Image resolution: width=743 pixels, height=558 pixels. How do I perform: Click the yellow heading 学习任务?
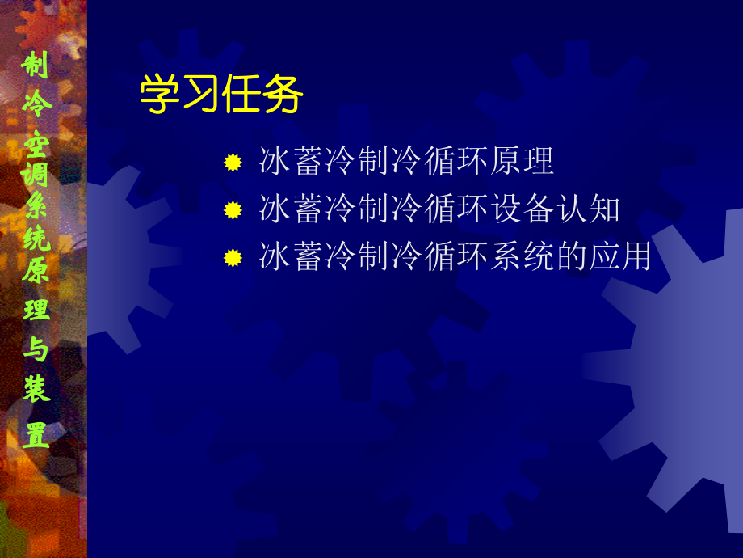(x=221, y=95)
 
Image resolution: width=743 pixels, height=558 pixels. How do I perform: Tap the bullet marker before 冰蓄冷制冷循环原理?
(x=233, y=163)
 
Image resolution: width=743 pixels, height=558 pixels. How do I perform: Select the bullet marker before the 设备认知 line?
(x=233, y=210)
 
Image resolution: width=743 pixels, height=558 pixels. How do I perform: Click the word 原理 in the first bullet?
(x=523, y=161)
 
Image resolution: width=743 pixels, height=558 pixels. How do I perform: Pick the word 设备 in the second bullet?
(x=523, y=209)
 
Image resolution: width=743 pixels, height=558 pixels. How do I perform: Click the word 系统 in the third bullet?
(x=523, y=256)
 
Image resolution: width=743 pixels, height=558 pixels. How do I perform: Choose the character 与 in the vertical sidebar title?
(x=36, y=351)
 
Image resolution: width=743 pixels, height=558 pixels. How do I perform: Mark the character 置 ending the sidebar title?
(x=36, y=435)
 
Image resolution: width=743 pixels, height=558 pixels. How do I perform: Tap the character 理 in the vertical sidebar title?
(x=36, y=311)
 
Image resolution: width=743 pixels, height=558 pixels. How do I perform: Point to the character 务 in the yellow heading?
(x=283, y=95)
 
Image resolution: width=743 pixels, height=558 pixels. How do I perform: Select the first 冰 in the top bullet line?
(x=275, y=161)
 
